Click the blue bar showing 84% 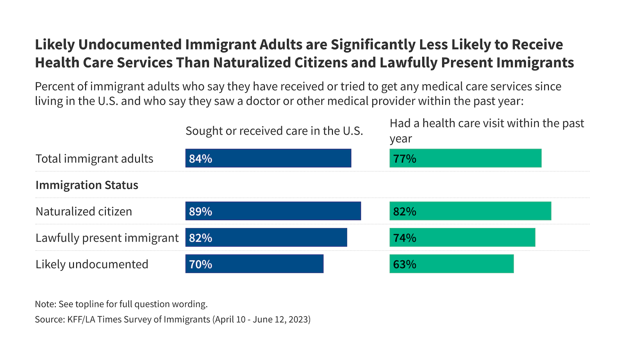(x=268, y=158)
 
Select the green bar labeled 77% (x=465, y=158)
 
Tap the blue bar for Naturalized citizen (x=273, y=211)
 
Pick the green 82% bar (x=470, y=211)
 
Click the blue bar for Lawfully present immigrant (x=266, y=237)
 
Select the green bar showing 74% (x=462, y=237)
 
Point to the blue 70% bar (x=254, y=264)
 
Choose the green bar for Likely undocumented (x=452, y=264)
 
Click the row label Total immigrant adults (x=94, y=159)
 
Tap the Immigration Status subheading (x=87, y=185)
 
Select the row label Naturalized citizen (x=84, y=211)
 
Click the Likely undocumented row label (x=92, y=264)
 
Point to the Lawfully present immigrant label (x=107, y=238)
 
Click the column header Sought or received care (x=274, y=131)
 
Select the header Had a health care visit (x=486, y=131)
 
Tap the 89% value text (x=200, y=211)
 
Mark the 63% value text (x=404, y=264)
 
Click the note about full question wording (x=121, y=304)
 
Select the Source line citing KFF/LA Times (x=172, y=319)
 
